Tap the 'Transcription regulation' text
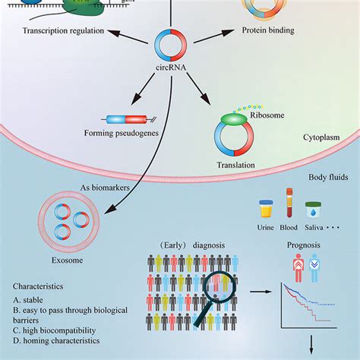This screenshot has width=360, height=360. click(x=64, y=31)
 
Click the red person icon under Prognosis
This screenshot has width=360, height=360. click(x=298, y=267)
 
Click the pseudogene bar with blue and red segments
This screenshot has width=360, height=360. click(x=122, y=119)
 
